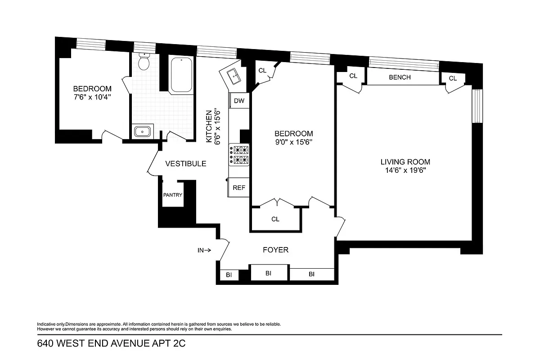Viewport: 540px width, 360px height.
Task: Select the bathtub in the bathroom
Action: tap(181, 75)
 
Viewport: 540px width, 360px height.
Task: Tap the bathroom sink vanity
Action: tap(143, 131)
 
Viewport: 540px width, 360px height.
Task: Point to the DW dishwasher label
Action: tap(239, 101)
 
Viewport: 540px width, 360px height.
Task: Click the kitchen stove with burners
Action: tap(239, 155)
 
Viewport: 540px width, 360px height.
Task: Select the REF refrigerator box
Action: tap(239, 188)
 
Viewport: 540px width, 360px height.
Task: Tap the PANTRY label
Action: tap(172, 195)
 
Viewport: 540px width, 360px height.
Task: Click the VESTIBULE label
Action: tap(185, 164)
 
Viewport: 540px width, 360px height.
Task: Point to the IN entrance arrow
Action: tap(204, 250)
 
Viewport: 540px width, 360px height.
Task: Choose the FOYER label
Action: tap(275, 250)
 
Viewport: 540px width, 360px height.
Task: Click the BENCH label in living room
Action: tap(400, 77)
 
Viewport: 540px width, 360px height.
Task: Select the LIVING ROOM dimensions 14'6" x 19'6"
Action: tap(405, 171)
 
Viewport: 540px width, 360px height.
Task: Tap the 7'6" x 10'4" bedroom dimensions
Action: tap(92, 97)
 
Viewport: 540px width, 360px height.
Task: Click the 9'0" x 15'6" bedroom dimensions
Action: tap(293, 142)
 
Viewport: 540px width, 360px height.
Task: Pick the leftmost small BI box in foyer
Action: tap(229, 274)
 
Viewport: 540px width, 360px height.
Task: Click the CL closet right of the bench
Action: tap(452, 78)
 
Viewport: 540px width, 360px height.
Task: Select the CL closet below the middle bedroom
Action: tap(275, 219)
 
